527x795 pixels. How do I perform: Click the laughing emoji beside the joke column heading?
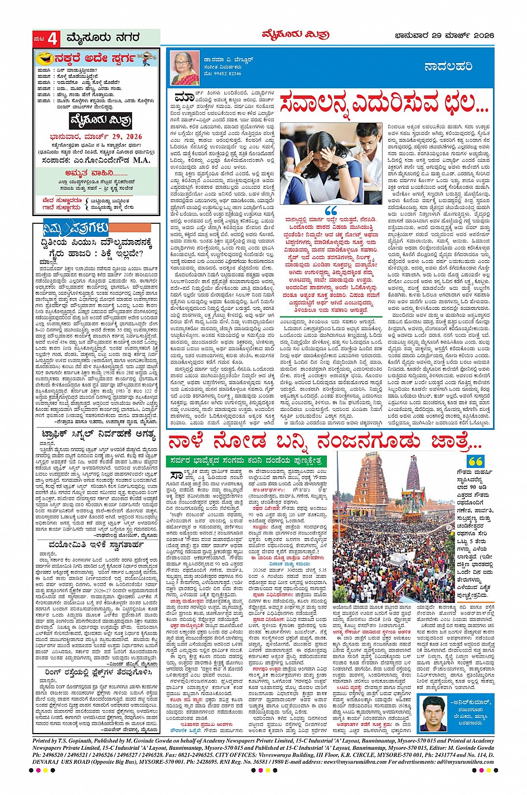point(43,58)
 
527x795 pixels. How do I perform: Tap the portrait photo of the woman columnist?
point(185,68)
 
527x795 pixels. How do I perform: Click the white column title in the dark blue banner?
point(448,66)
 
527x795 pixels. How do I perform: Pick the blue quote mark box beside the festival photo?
point(476,462)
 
